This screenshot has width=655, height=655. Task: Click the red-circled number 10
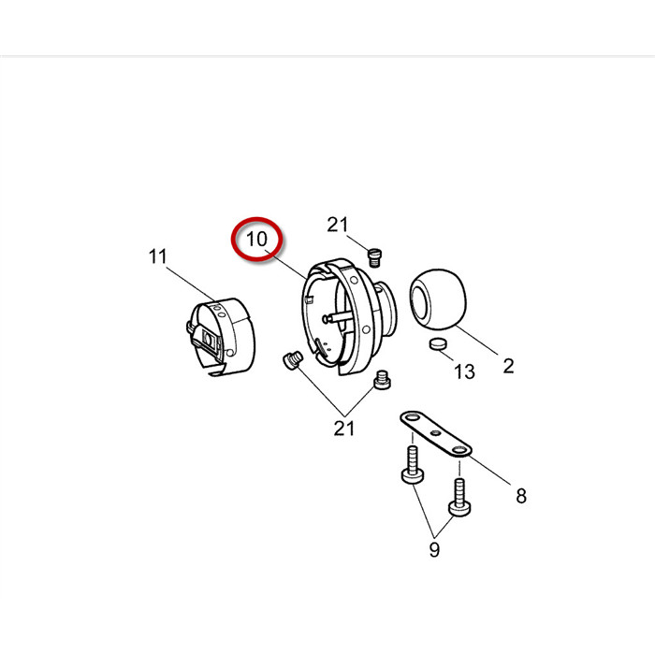pyautogui.click(x=256, y=240)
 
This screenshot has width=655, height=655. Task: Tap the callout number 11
pyautogui.click(x=157, y=256)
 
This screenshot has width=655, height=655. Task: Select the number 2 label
pyautogui.click(x=508, y=367)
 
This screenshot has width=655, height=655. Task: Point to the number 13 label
pyautogui.click(x=464, y=371)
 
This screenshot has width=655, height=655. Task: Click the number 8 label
pyautogui.click(x=521, y=496)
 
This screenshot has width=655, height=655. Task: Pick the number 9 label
pyautogui.click(x=434, y=550)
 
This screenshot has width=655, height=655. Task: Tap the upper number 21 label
pyautogui.click(x=338, y=225)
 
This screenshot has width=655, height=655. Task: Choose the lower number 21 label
pyautogui.click(x=343, y=429)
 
